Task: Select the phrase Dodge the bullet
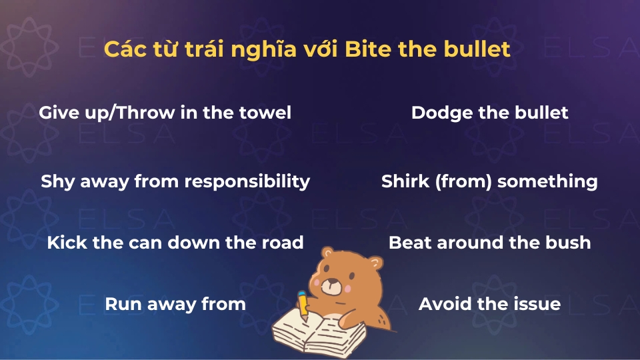point(489,113)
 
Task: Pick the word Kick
point(67,242)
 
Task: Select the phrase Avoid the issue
point(489,305)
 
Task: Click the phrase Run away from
point(175,305)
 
